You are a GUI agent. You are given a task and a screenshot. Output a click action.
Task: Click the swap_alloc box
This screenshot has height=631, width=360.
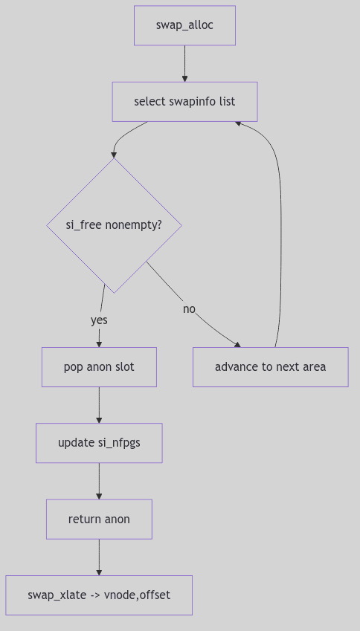coord(184,25)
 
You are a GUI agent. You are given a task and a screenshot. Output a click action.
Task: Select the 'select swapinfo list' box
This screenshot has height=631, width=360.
coord(184,101)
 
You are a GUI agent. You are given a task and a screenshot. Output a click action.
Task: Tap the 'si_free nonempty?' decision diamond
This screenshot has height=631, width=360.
coord(114,224)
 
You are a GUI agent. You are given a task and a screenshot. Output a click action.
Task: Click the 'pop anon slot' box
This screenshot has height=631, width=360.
coord(99,367)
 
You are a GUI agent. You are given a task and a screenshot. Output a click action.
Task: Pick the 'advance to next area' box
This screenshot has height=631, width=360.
coord(270,367)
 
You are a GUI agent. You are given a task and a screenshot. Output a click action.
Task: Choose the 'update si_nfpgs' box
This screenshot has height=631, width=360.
coord(99,443)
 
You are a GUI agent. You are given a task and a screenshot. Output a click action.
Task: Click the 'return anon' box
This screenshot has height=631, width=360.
coord(99,519)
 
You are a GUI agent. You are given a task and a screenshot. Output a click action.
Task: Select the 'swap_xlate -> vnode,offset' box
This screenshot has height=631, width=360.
coord(99,595)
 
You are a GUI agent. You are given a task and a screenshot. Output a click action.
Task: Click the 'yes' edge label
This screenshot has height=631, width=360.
coord(99,320)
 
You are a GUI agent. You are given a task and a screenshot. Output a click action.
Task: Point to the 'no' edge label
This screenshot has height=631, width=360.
coord(189,308)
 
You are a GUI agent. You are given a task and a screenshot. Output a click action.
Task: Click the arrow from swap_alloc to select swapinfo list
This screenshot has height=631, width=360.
coord(184,63)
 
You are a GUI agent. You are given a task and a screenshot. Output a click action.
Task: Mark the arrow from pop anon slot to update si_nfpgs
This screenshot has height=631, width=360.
coord(99,405)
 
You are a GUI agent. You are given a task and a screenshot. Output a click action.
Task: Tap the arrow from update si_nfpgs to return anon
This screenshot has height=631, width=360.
coord(99,481)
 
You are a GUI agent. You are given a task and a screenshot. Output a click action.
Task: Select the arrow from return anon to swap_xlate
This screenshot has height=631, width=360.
coord(99,557)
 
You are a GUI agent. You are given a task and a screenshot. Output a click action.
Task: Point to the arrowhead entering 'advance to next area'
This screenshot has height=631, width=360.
coord(237,344)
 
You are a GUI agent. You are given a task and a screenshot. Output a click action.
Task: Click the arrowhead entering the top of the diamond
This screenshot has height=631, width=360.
coord(114,155)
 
